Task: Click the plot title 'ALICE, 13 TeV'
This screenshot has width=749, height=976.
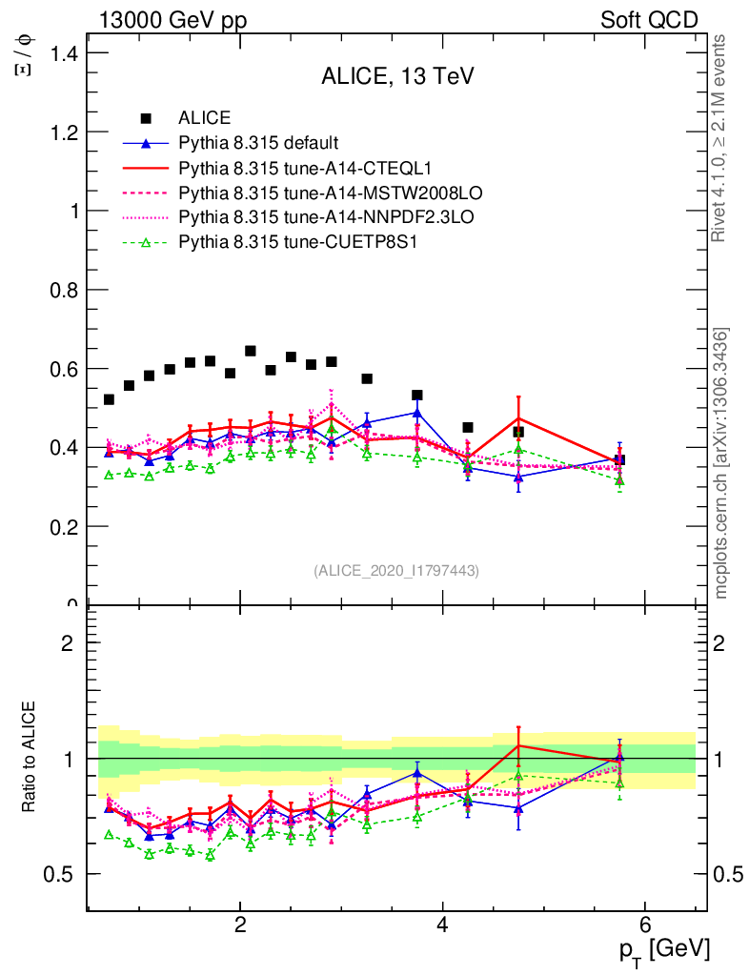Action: point(398,76)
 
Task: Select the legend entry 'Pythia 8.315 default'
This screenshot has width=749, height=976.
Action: point(258,144)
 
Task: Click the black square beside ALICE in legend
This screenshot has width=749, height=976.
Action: point(146,119)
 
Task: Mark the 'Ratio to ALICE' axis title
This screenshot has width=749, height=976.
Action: point(30,759)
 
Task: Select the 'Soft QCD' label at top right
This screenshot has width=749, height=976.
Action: point(649,20)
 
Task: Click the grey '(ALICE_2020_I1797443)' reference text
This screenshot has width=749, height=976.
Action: point(396,570)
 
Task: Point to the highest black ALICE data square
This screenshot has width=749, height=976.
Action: point(251,351)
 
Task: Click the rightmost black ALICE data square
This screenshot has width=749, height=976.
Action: point(619,459)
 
